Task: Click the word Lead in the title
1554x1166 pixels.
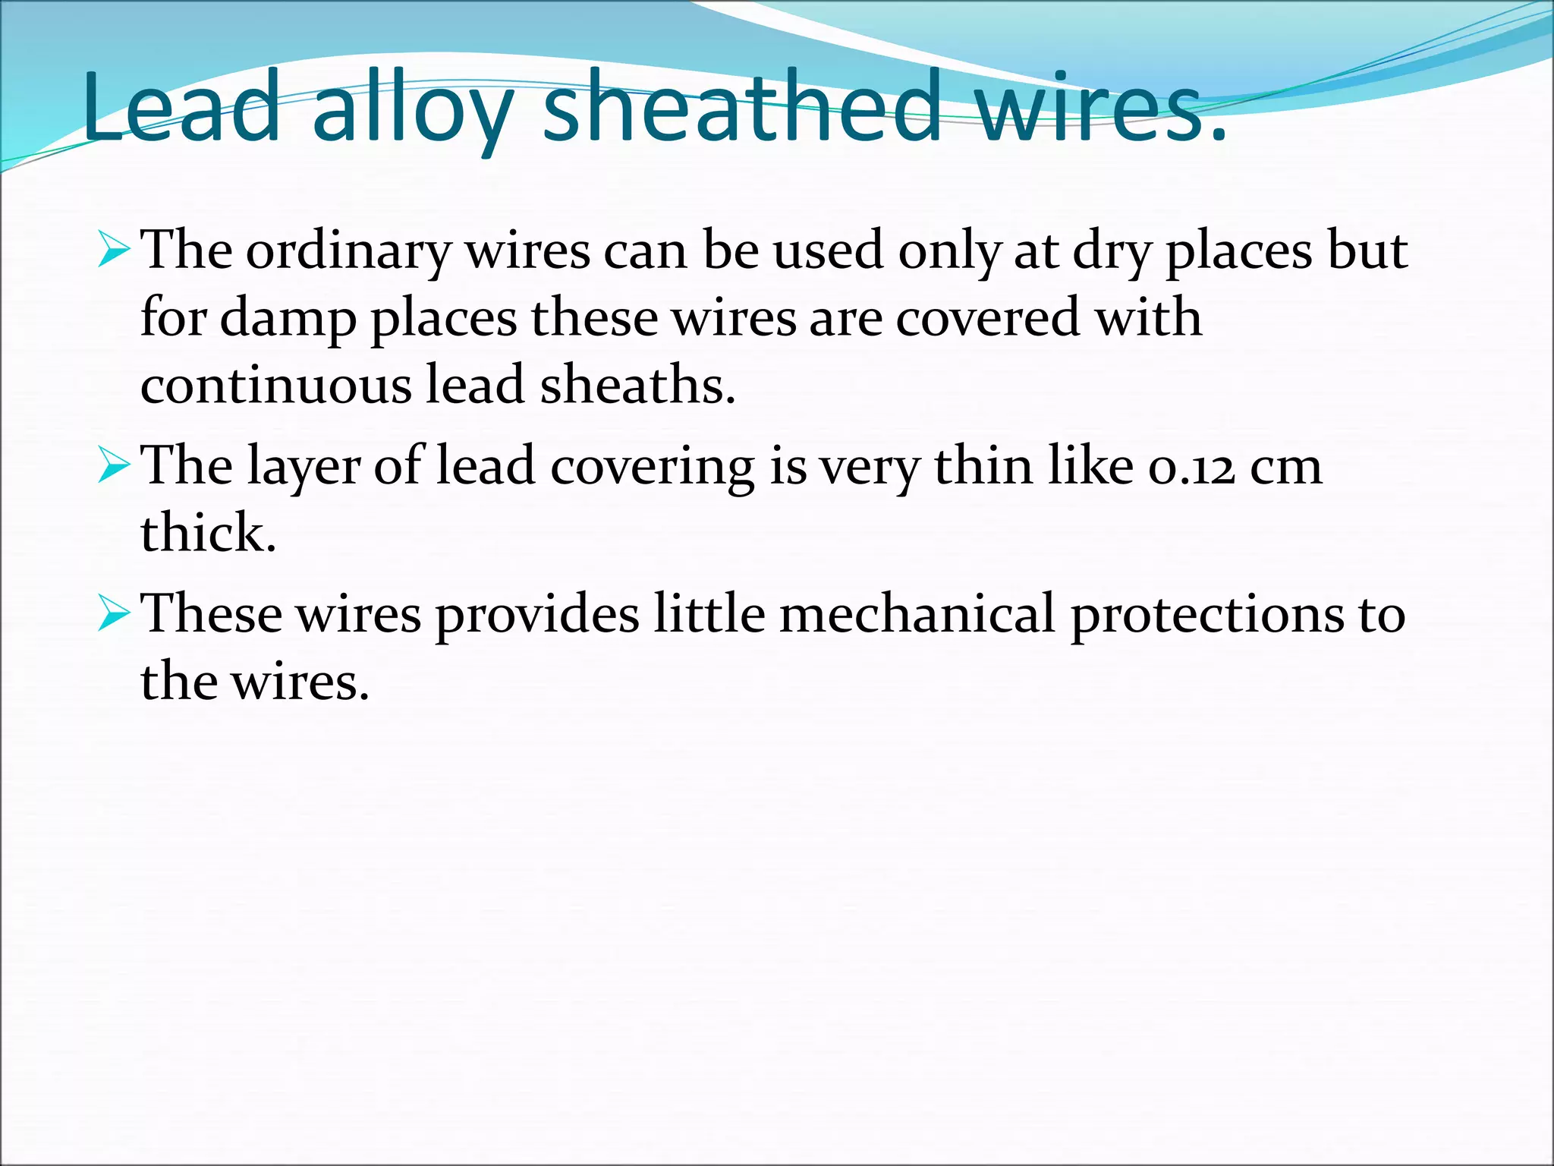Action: coord(181,106)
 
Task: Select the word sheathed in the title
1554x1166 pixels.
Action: coord(743,106)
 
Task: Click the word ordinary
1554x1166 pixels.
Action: coord(348,253)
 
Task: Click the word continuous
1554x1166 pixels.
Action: coord(275,384)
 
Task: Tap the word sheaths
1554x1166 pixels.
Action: coord(637,384)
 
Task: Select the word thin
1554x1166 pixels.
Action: coord(983,466)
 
